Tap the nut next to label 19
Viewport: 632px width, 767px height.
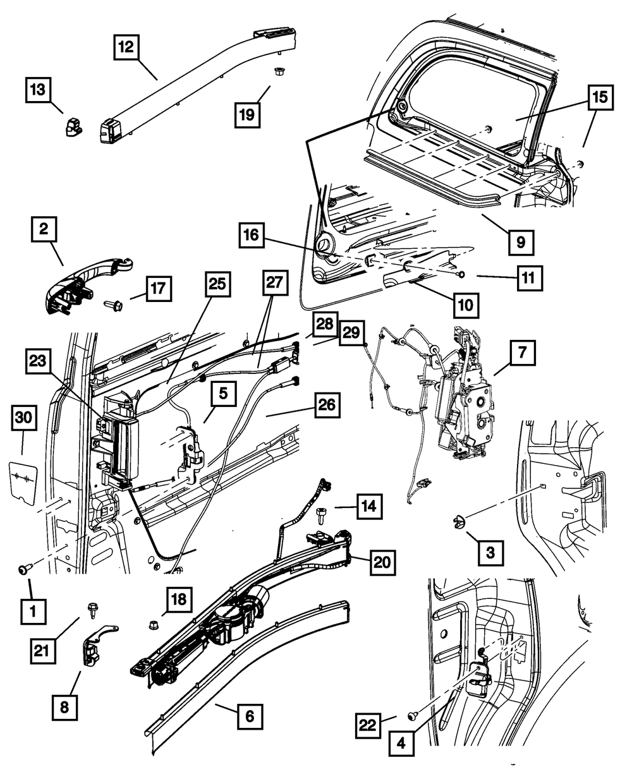pos(277,73)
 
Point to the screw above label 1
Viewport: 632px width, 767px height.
pos(24,570)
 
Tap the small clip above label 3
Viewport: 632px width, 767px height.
pos(458,522)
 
